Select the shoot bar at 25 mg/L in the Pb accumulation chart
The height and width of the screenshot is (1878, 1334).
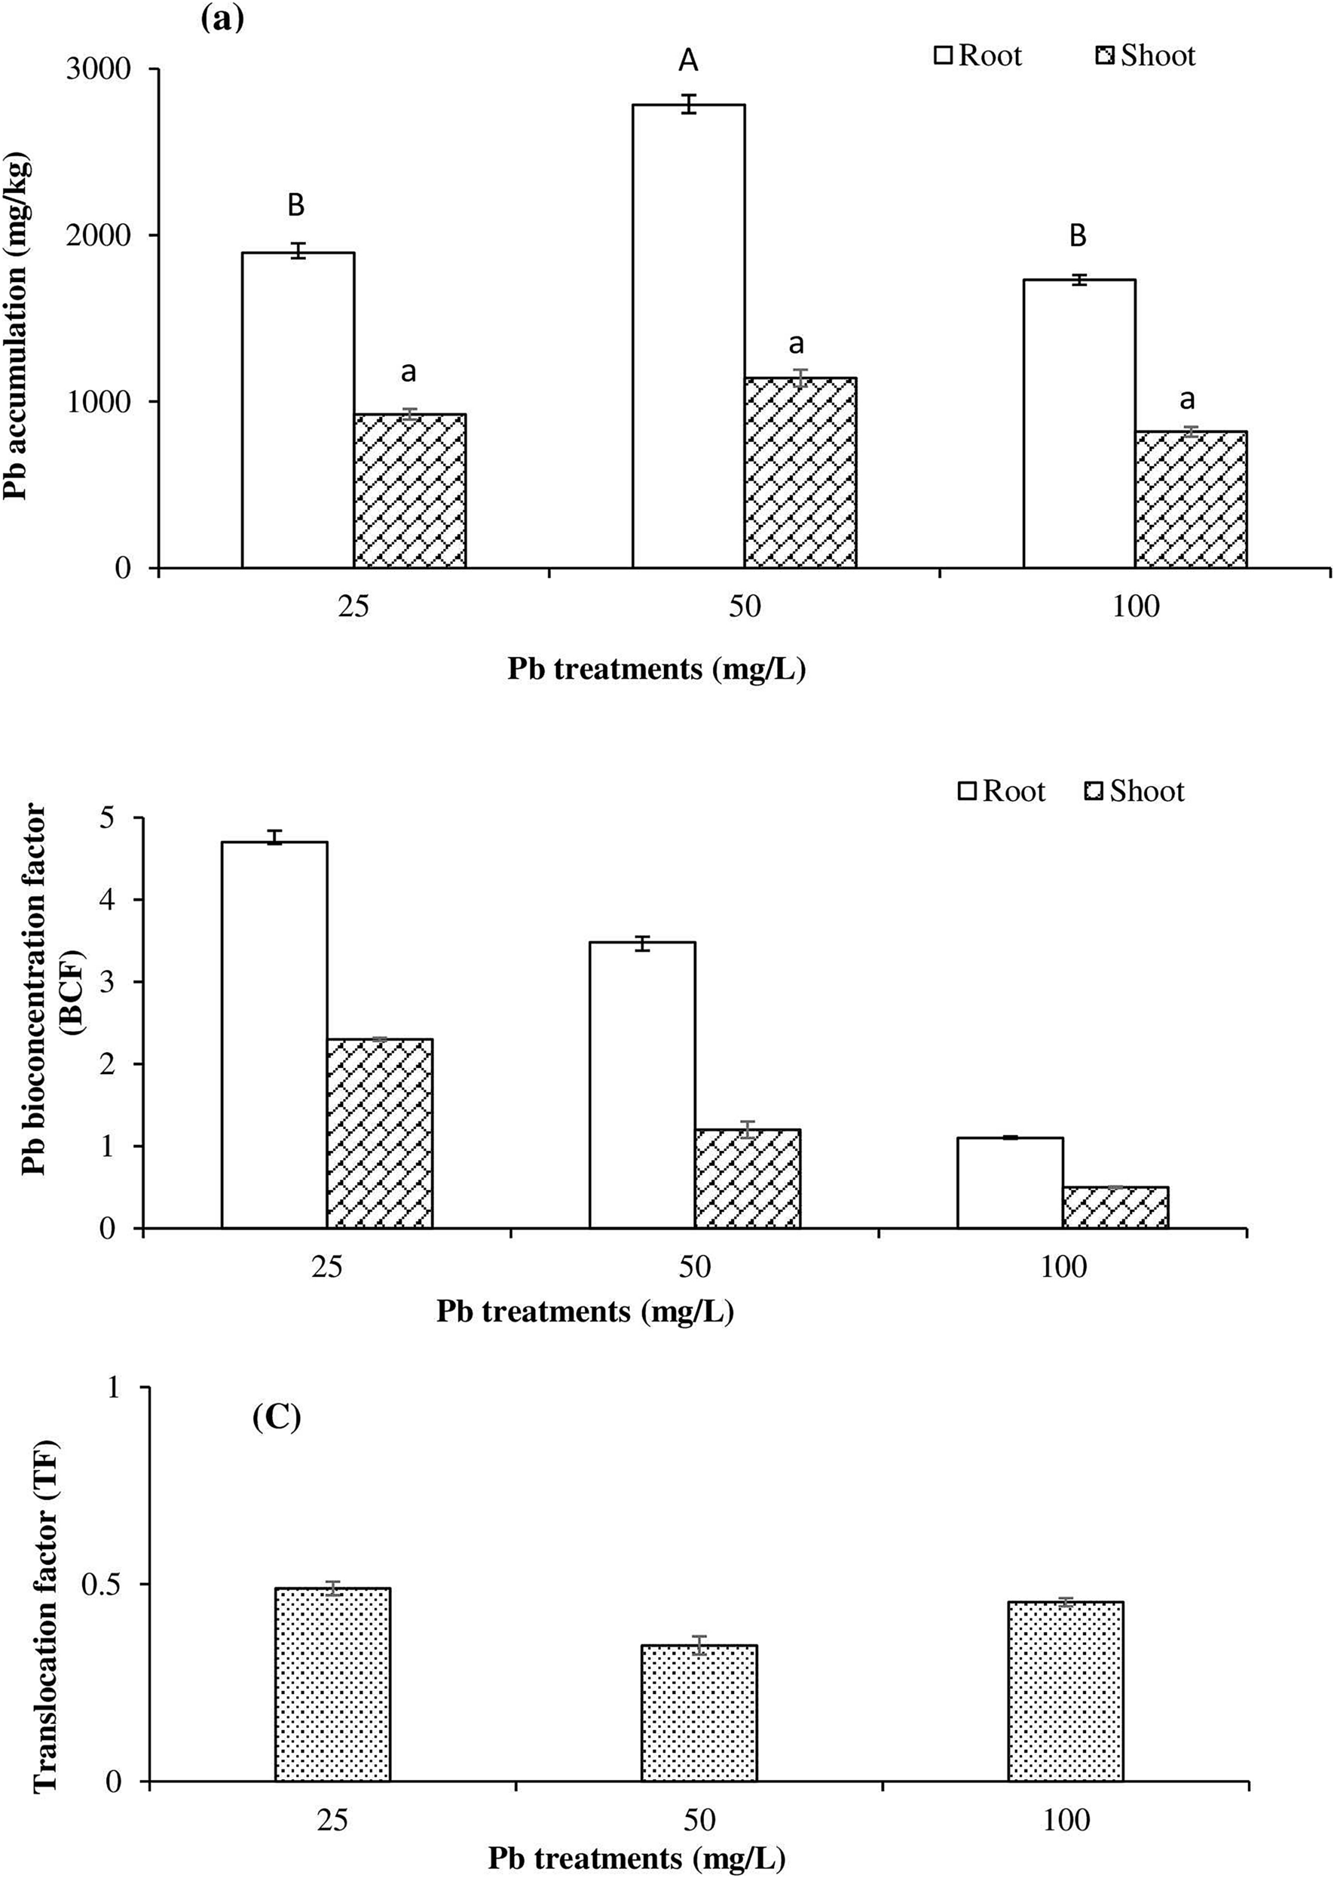pos(410,491)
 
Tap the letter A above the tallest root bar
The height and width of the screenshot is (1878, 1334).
pos(687,60)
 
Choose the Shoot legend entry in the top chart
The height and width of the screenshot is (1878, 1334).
pos(1146,56)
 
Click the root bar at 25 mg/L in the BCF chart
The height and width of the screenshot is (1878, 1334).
pos(274,1035)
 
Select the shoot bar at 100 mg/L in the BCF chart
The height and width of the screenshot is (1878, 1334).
pos(1115,1208)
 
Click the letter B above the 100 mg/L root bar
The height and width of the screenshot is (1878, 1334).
pos(1078,237)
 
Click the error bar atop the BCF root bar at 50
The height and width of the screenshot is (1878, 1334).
pos(642,943)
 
